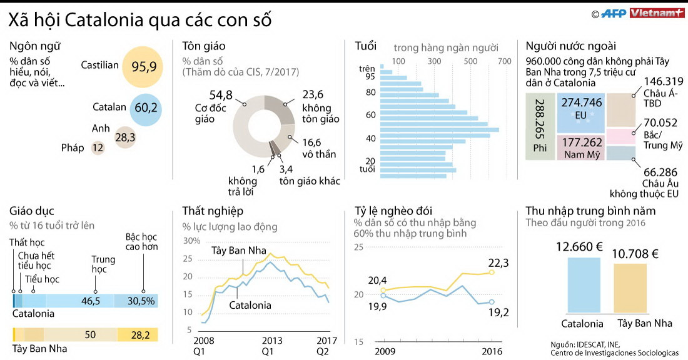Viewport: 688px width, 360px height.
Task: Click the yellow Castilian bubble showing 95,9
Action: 144,67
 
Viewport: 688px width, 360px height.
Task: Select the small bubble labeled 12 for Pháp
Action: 98,148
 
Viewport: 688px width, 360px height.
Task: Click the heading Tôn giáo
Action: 204,46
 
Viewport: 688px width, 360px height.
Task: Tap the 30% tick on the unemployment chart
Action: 191,241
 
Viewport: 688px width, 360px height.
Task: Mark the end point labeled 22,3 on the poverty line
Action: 492,272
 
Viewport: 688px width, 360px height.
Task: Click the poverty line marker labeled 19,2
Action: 492,302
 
